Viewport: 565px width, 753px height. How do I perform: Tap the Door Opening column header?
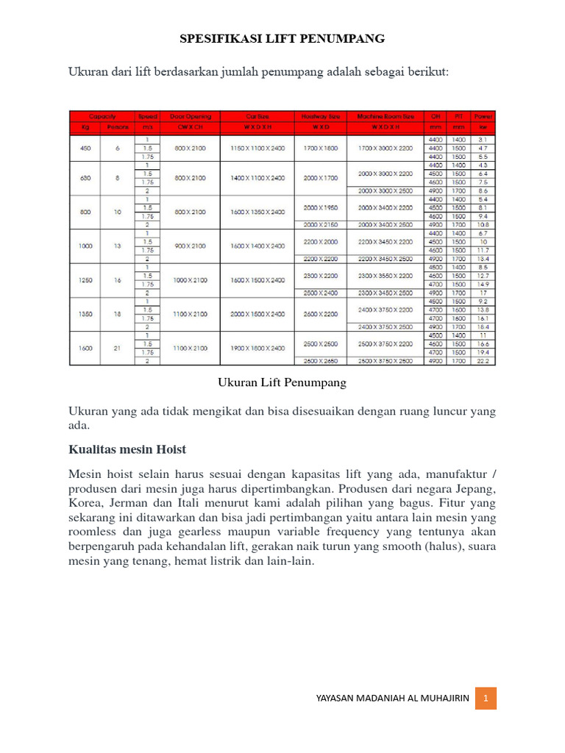tap(190, 116)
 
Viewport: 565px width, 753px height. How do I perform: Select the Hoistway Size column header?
tap(320, 116)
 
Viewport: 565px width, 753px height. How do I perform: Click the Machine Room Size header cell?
tap(385, 116)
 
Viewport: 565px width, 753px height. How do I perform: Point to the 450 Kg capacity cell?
tap(85, 148)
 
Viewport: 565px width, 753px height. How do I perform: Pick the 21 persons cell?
tap(118, 348)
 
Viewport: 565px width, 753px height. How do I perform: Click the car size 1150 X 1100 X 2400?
tap(257, 148)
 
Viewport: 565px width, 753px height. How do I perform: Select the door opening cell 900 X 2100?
tap(190, 246)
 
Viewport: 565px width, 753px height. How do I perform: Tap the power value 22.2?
tap(483, 361)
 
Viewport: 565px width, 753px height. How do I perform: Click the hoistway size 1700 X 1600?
tap(320, 148)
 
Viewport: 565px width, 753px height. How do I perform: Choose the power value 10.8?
tap(483, 224)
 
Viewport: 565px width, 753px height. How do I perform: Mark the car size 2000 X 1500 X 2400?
tap(257, 314)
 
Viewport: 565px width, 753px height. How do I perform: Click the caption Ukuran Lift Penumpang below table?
tap(282, 383)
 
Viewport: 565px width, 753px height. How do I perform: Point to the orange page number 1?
tap(486, 698)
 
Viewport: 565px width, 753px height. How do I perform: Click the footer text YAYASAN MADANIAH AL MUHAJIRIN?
tap(391, 699)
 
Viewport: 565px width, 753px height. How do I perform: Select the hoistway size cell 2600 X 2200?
tap(320, 314)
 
